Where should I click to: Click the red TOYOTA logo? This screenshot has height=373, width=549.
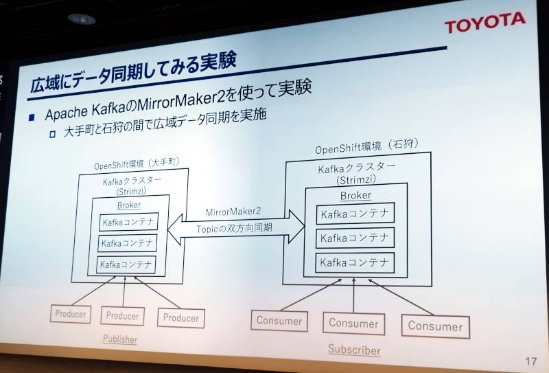[x=485, y=22]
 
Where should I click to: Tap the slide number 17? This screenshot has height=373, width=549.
[x=530, y=361]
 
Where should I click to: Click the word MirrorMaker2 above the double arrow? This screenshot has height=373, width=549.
[x=233, y=212]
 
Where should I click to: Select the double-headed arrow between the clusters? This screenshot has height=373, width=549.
[x=235, y=228]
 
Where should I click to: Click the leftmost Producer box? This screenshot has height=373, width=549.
[x=71, y=314]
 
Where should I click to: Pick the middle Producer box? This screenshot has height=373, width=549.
[x=122, y=316]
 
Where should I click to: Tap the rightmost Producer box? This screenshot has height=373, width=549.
[x=181, y=318]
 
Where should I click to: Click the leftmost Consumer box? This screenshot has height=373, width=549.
[x=279, y=321]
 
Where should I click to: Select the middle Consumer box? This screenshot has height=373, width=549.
[x=353, y=324]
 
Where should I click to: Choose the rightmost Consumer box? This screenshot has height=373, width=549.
[x=435, y=326]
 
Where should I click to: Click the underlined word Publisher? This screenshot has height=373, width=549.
[x=119, y=339]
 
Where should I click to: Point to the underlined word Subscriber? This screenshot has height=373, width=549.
[x=354, y=350]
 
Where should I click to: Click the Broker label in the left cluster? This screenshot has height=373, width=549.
[x=129, y=205]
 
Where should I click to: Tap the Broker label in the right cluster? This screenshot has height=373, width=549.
[x=355, y=196]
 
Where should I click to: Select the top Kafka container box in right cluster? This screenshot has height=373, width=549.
[x=355, y=214]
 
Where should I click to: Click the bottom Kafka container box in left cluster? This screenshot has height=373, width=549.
[x=126, y=264]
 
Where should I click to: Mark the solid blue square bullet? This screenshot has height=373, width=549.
[x=32, y=117]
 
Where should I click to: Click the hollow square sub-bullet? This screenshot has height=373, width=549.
[x=53, y=134]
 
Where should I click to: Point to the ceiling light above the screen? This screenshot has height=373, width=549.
[x=82, y=19]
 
